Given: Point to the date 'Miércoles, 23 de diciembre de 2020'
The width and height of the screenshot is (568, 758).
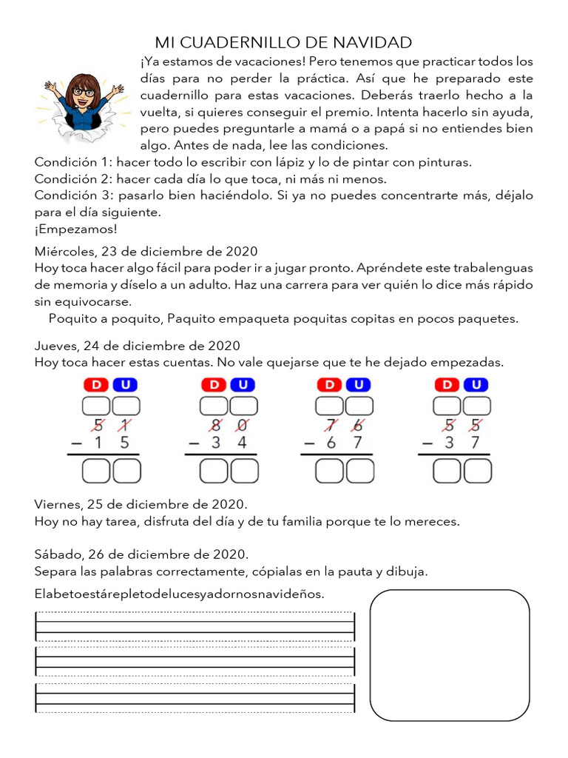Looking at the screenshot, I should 146,251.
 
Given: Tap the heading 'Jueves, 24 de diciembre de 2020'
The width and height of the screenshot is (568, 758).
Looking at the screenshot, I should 137,346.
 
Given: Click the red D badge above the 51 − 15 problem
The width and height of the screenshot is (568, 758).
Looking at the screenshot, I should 98,385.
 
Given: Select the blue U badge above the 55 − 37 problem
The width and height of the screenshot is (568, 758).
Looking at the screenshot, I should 477,385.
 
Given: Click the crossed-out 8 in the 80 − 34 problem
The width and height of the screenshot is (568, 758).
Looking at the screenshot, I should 216,426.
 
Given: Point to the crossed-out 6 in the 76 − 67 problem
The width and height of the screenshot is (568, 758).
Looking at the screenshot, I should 358,426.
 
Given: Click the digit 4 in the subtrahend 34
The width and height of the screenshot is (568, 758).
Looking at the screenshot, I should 242,443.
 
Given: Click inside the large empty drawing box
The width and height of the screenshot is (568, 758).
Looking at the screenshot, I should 449,656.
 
